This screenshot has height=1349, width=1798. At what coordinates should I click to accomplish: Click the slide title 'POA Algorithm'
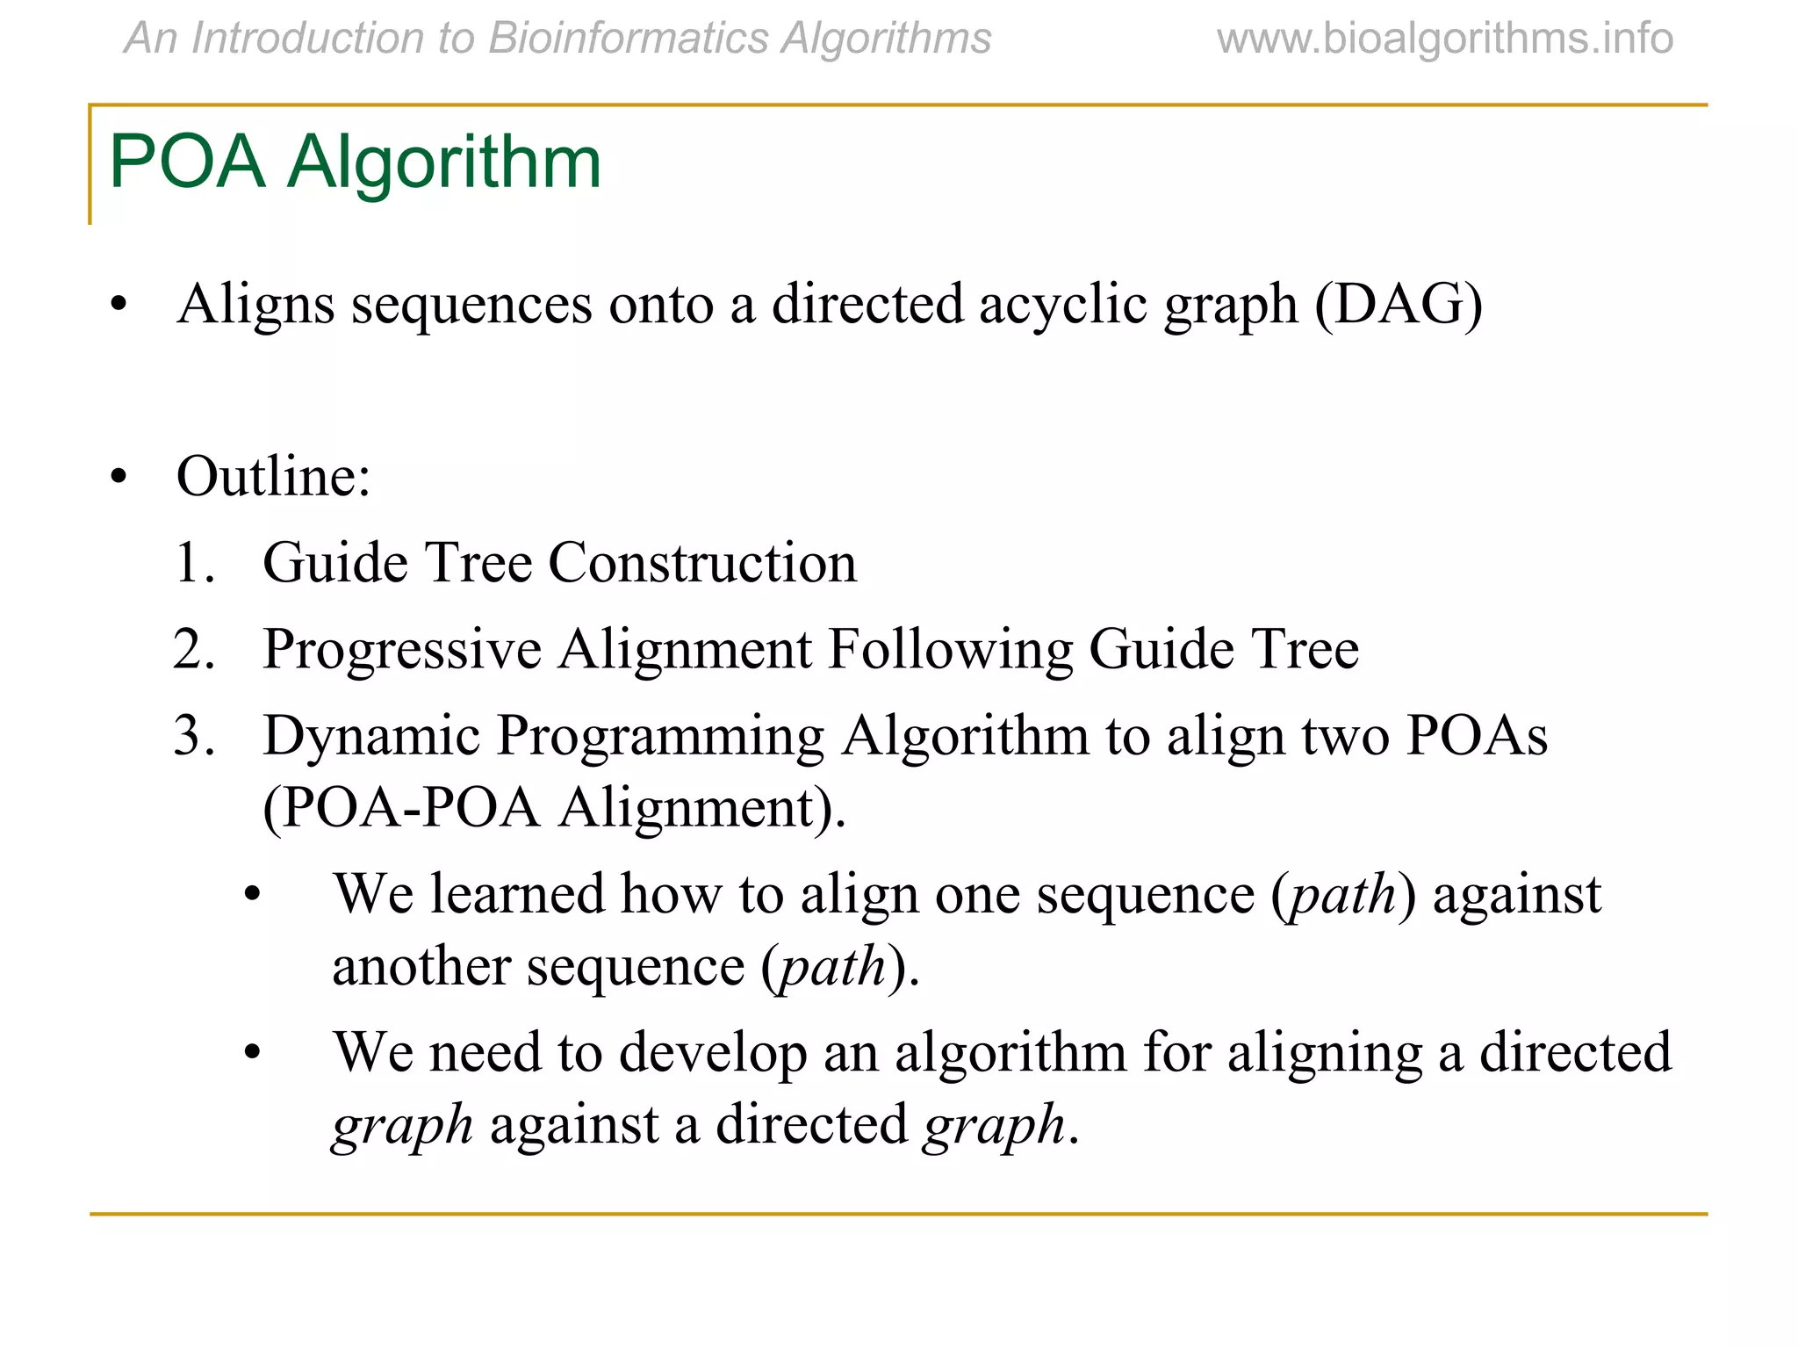click(x=355, y=162)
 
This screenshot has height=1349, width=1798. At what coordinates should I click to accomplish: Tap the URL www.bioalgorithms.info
click(x=1444, y=39)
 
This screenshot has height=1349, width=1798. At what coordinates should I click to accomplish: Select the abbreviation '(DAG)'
click(x=1399, y=305)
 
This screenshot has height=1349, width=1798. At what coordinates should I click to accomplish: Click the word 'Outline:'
click(x=274, y=477)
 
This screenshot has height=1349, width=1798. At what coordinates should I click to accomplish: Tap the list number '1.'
click(x=194, y=563)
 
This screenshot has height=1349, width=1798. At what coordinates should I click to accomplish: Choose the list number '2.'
click(x=194, y=650)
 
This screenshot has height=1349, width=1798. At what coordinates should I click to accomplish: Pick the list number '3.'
click(x=194, y=736)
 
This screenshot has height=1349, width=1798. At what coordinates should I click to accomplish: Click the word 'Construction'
click(x=702, y=563)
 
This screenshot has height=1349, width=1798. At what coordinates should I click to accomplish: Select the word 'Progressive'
click(x=402, y=651)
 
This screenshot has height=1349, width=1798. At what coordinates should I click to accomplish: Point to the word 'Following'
click(x=950, y=651)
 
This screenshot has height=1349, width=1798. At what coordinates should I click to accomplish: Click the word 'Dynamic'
click(x=371, y=736)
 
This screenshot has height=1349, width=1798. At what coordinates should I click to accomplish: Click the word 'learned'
click(x=517, y=894)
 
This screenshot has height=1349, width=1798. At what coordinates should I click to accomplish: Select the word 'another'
click(x=421, y=966)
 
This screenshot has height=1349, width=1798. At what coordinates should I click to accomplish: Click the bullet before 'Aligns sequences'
click(x=119, y=306)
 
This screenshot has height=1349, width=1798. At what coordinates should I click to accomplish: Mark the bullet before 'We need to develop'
click(x=254, y=1052)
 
